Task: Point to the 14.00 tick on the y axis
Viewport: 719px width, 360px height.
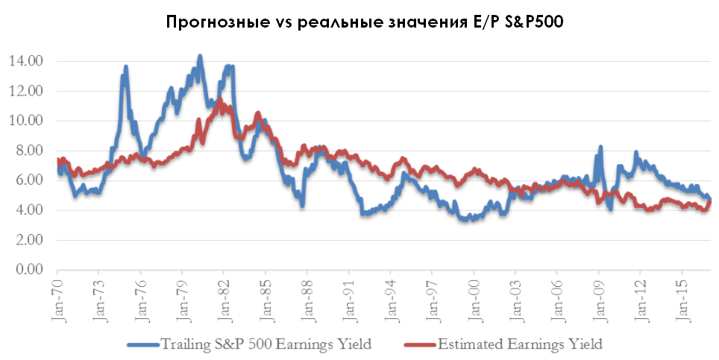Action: pos(26,61)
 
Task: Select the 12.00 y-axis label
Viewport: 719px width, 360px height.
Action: pos(26,91)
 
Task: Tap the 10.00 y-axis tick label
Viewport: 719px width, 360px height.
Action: pos(26,121)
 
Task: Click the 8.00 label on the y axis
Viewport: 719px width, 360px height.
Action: pos(29,151)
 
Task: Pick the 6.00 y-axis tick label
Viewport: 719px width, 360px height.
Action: pos(29,180)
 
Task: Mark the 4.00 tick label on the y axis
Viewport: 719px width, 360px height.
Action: pos(29,210)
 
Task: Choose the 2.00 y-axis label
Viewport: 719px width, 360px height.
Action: pos(29,240)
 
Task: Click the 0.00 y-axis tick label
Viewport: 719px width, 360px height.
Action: pos(29,270)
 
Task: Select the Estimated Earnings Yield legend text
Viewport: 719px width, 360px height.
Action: pos(520,344)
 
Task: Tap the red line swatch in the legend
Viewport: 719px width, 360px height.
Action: pos(419,344)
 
